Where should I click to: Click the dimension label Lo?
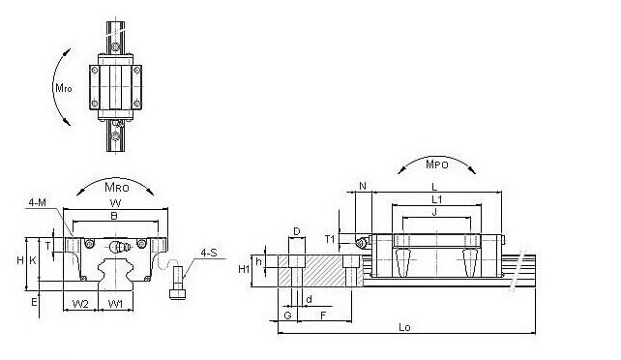(x=404, y=327)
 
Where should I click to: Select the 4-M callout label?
(x=37, y=202)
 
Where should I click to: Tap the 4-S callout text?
(x=209, y=253)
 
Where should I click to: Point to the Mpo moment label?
(x=437, y=165)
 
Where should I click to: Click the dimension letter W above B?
(x=115, y=203)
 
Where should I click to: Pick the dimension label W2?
(x=80, y=304)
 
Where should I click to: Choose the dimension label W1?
(x=116, y=304)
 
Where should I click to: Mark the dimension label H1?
(x=244, y=269)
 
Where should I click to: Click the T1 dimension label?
(x=330, y=239)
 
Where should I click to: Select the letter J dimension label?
(x=434, y=212)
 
